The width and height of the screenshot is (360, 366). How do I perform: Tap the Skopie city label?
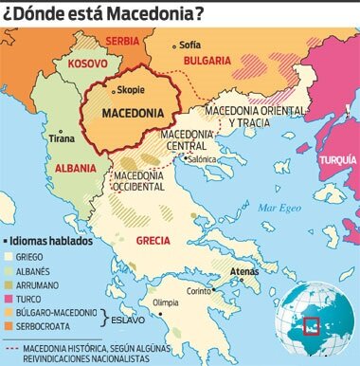130,92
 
